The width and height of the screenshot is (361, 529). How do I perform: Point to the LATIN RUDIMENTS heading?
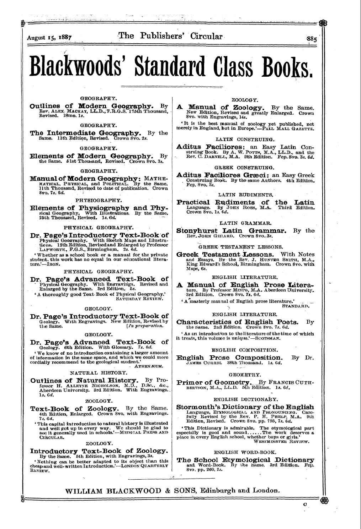tap(245, 195)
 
